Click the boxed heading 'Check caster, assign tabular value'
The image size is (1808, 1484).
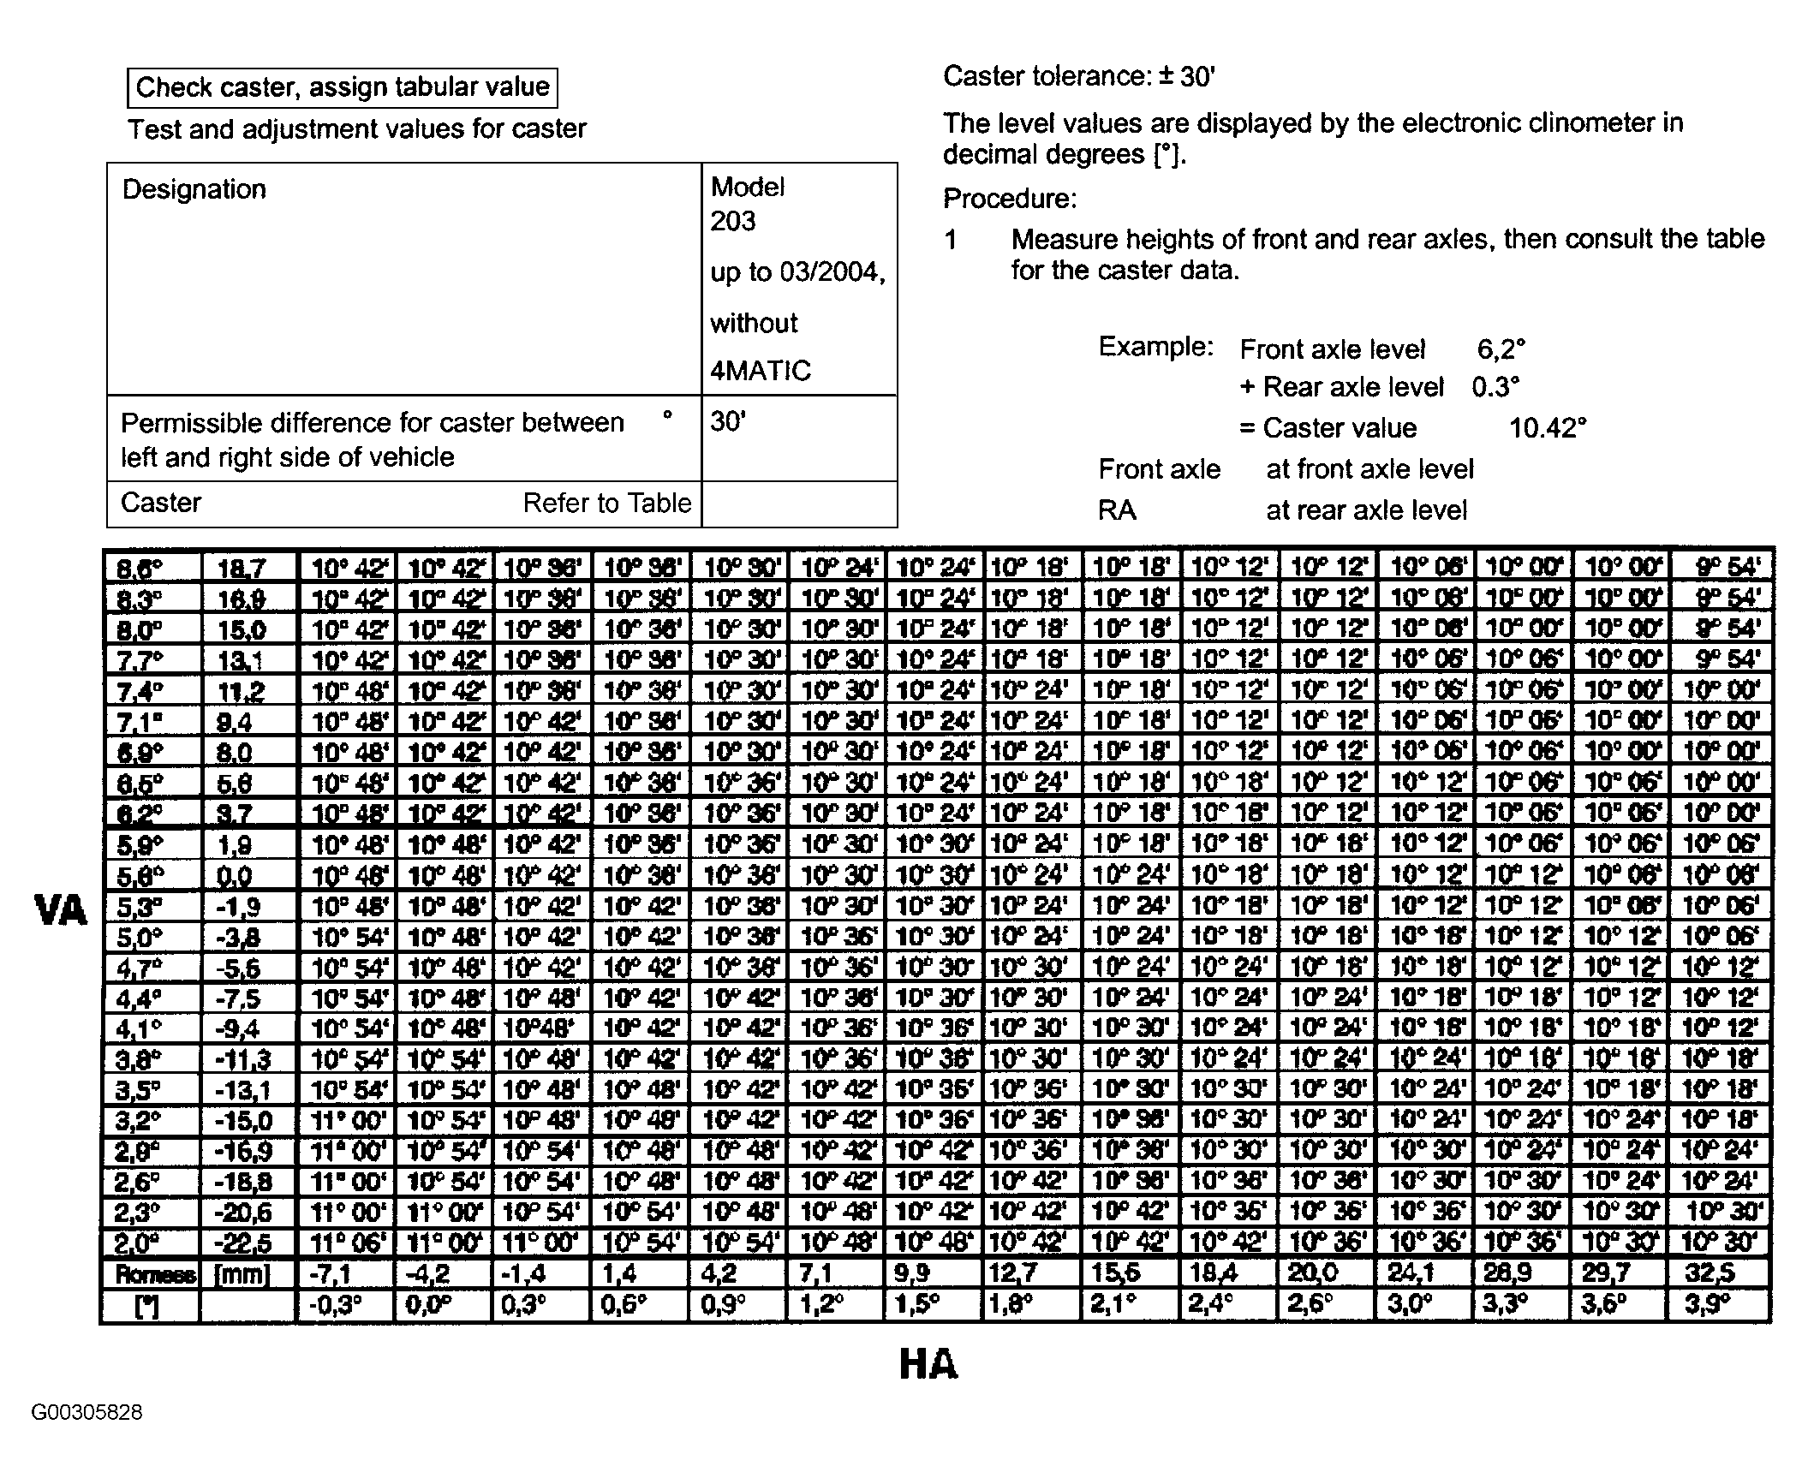[x=342, y=87]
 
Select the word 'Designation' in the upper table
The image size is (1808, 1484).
[x=194, y=189]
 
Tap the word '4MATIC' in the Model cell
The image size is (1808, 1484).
[x=761, y=371]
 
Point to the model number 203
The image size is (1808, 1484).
[x=733, y=222]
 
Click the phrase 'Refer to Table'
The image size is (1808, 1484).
[x=607, y=503]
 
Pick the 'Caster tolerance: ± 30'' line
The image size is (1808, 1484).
[x=1078, y=77]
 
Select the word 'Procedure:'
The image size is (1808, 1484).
[x=1010, y=199]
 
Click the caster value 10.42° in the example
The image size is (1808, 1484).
[x=1548, y=428]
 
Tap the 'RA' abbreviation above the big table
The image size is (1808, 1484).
[x=1117, y=510]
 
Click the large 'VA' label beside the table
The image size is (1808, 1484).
[x=61, y=909]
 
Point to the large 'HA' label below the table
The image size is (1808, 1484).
[x=928, y=1363]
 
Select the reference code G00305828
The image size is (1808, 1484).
[x=87, y=1412]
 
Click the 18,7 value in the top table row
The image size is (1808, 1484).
[x=242, y=568]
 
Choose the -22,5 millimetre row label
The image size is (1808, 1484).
[x=243, y=1243]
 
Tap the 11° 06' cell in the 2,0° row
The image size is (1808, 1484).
[x=348, y=1243]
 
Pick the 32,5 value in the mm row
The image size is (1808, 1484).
[x=1710, y=1272]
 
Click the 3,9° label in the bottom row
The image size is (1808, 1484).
[x=1708, y=1304]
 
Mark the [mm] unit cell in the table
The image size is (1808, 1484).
[x=242, y=1274]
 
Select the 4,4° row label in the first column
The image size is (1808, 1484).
[x=139, y=999]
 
